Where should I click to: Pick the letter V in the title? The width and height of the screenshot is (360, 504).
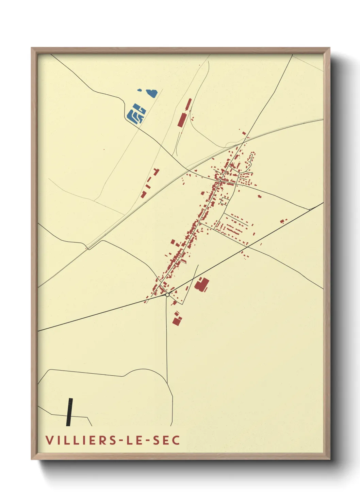[49, 440]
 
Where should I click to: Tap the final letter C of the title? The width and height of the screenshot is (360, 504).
[176, 440]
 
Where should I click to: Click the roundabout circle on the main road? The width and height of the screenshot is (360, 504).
[167, 295]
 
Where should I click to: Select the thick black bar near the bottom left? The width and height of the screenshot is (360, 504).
[69, 412]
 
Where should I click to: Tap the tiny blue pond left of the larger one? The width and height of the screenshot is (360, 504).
[140, 90]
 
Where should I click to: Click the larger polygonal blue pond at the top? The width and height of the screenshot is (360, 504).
[152, 93]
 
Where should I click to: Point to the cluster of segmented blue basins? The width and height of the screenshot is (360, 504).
[136, 113]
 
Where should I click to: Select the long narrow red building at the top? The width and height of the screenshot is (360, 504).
[188, 104]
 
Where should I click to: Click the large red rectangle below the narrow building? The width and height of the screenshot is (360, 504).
[182, 120]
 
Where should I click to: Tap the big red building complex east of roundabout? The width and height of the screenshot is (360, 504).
[202, 284]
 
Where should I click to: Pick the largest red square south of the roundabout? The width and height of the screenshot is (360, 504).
[176, 321]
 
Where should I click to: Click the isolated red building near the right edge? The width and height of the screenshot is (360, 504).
[282, 221]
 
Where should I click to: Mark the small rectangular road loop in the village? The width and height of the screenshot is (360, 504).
[225, 200]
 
